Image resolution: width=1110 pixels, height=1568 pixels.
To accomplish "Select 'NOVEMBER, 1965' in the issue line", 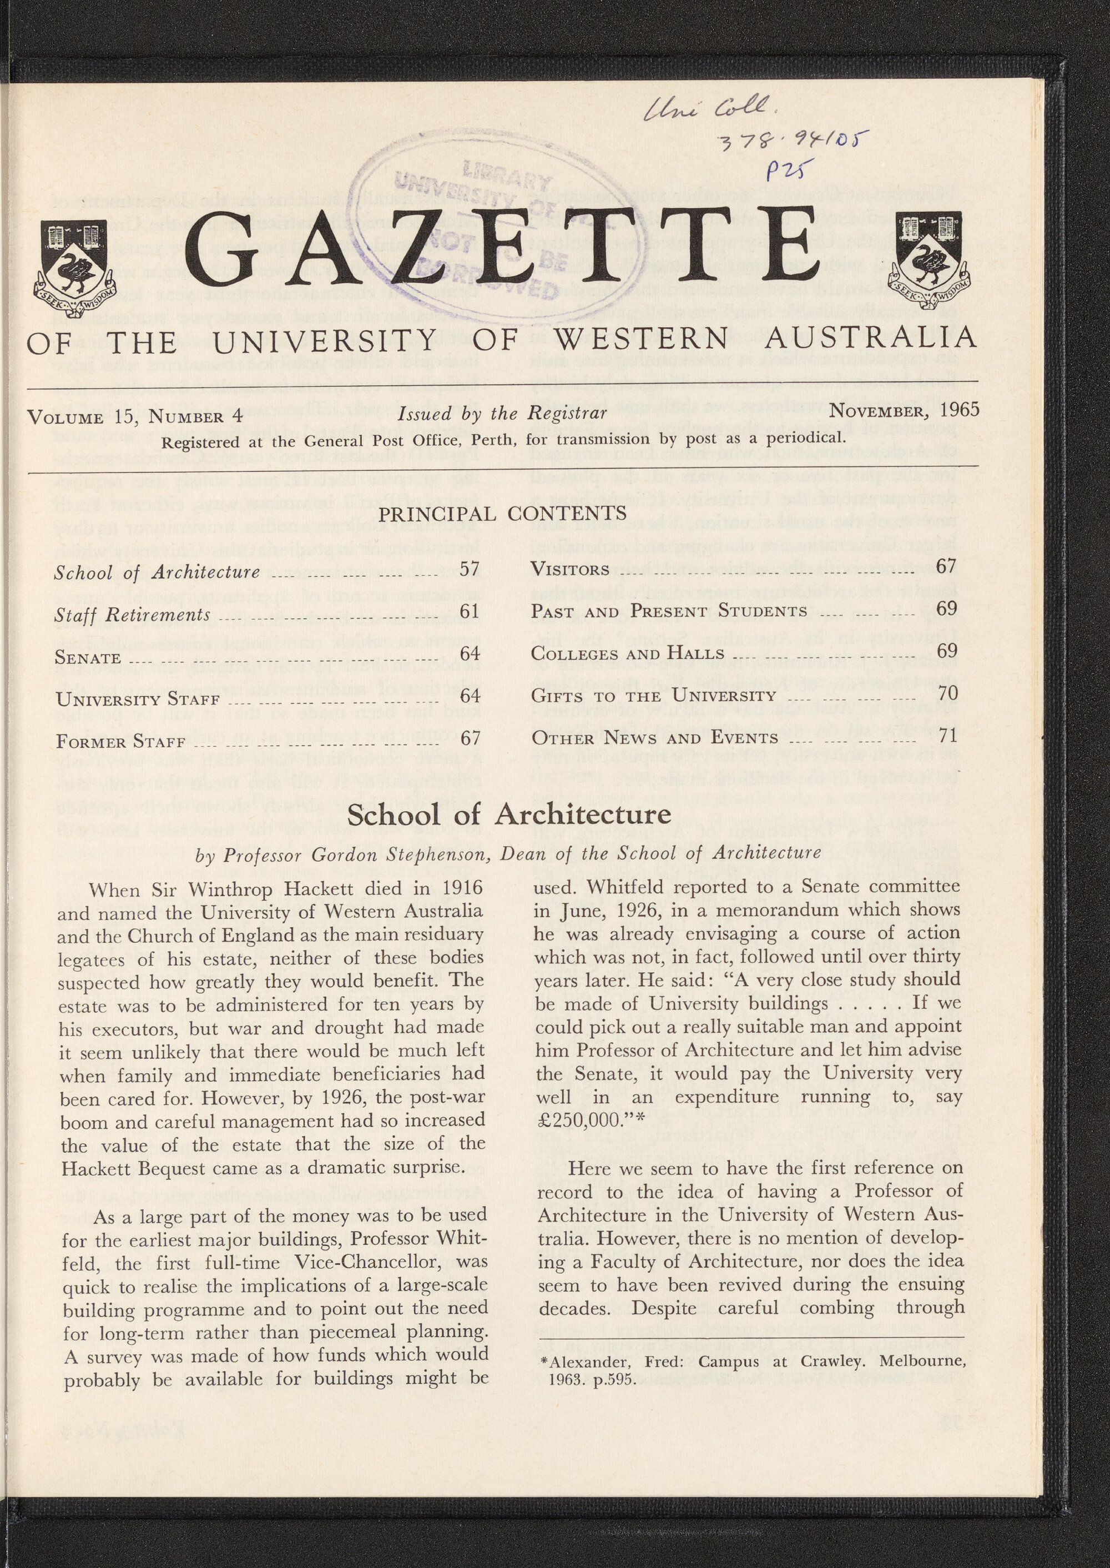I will (904, 411).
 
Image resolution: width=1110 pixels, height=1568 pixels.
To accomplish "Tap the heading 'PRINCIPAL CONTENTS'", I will (502, 513).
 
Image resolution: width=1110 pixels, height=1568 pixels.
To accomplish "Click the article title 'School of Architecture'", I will (509, 814).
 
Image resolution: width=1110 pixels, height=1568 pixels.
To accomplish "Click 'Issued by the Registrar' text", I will (502, 413).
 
